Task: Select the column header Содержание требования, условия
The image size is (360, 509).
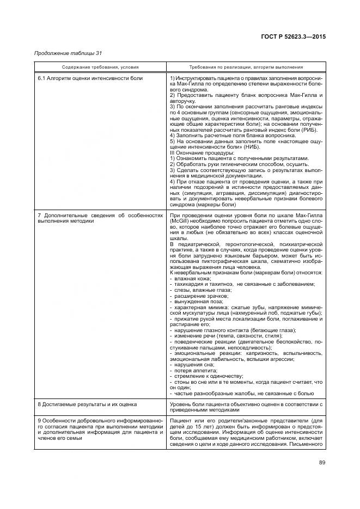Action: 100,67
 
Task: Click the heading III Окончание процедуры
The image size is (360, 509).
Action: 201,152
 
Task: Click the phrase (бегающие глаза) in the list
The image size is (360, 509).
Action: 272,330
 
